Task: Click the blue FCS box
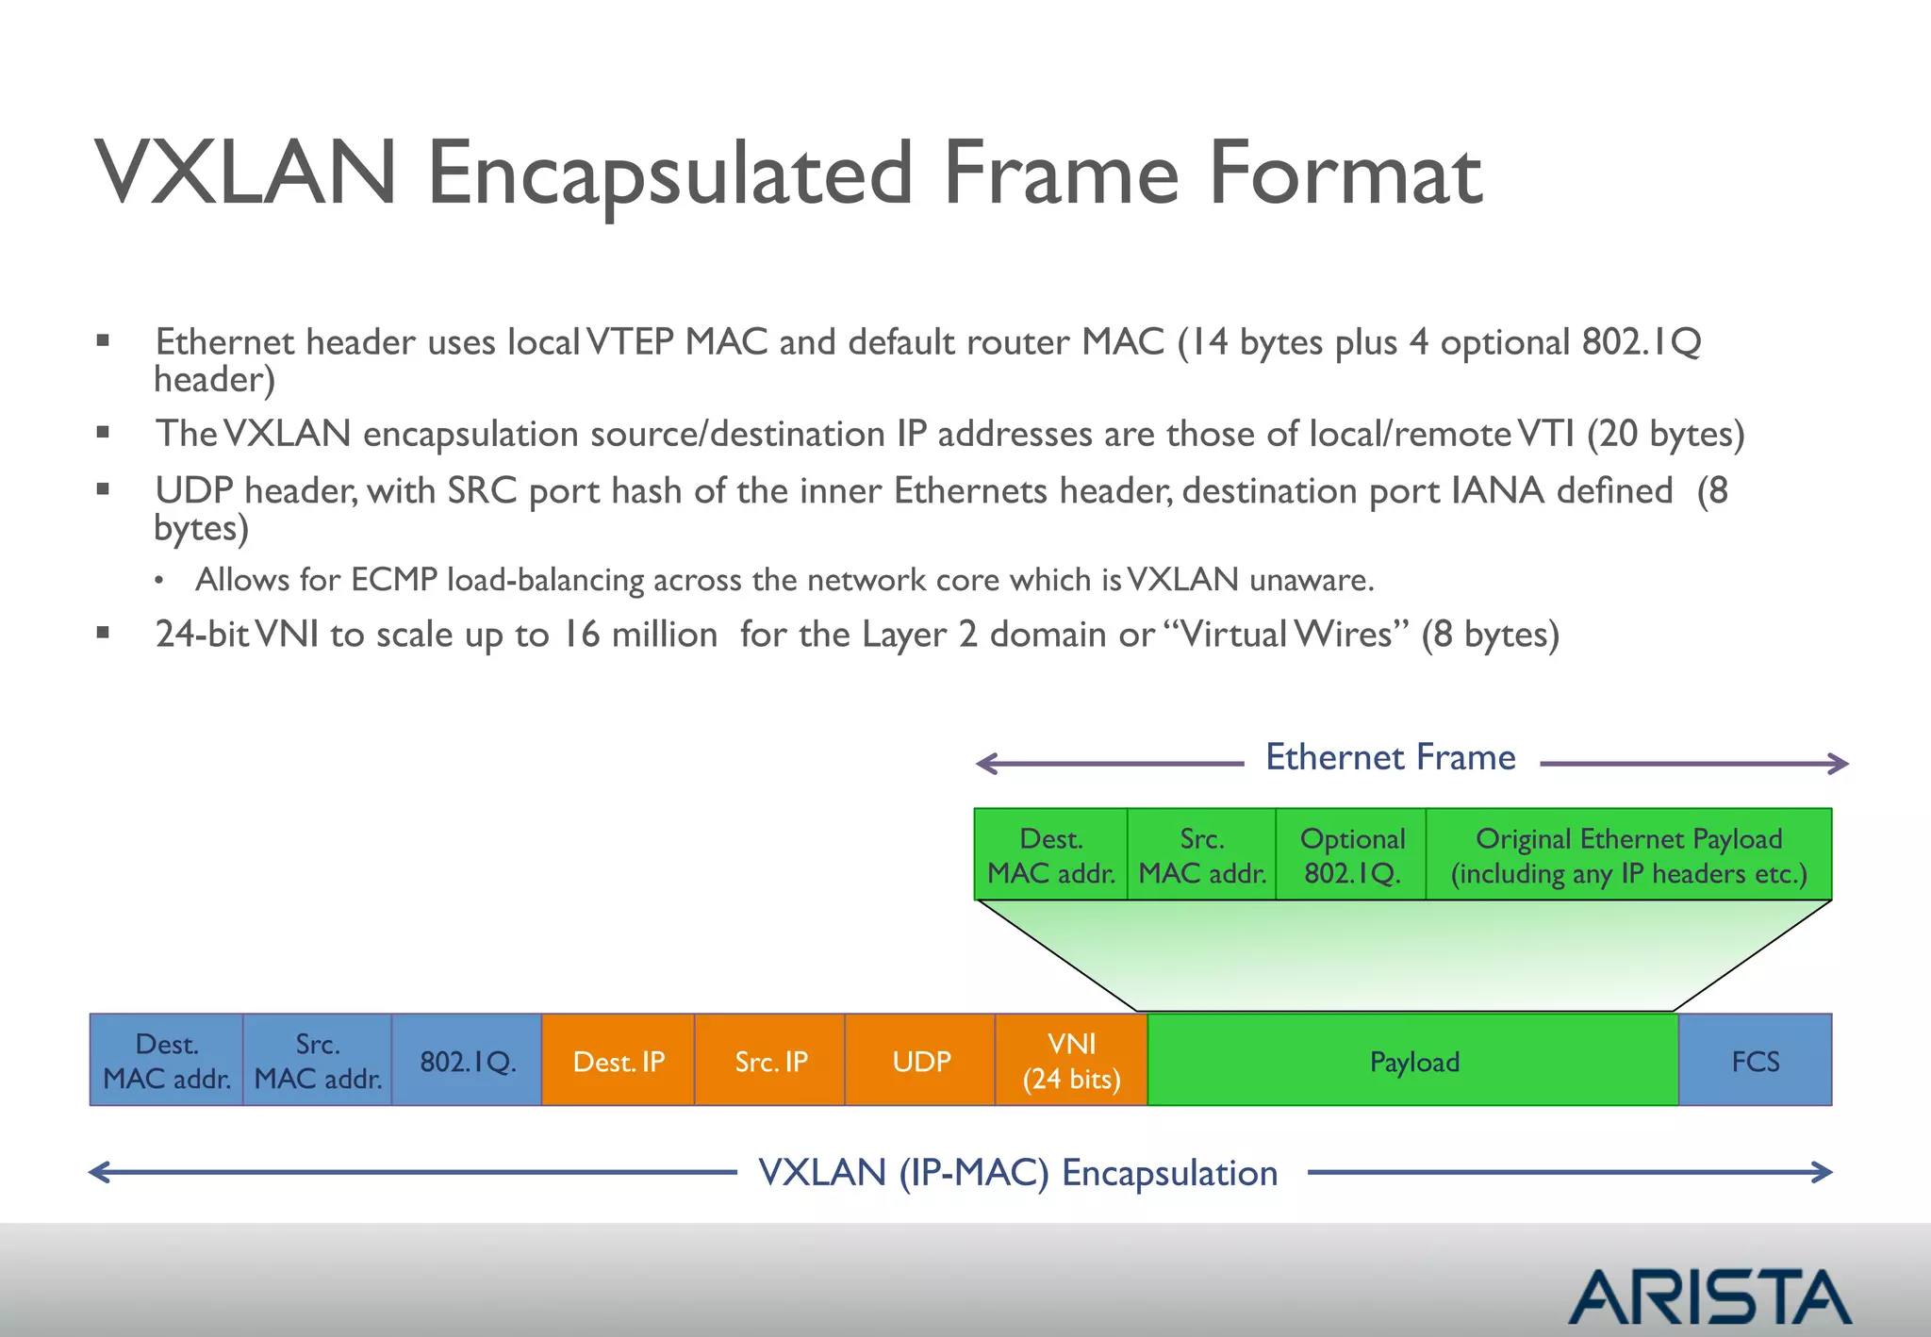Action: (x=1755, y=1061)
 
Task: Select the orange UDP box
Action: (x=920, y=1061)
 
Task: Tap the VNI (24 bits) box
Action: (x=1071, y=1061)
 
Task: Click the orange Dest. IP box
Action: (x=619, y=1061)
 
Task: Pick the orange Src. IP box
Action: (x=770, y=1061)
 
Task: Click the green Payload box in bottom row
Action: (x=1413, y=1061)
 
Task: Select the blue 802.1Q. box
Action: (x=467, y=1061)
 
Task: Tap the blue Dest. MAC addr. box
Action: (x=167, y=1061)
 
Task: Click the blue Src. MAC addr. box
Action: (x=318, y=1061)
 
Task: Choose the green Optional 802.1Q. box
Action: (x=1351, y=855)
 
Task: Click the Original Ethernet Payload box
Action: (x=1628, y=855)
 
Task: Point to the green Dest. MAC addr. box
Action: (x=1050, y=855)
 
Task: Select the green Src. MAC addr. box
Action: (x=1201, y=855)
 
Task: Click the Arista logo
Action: (x=1709, y=1296)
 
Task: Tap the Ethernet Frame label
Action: (x=1390, y=757)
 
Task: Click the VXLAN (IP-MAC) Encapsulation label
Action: (x=1018, y=1173)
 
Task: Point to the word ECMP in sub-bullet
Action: (x=394, y=579)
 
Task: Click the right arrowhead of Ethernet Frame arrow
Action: (x=1839, y=764)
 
